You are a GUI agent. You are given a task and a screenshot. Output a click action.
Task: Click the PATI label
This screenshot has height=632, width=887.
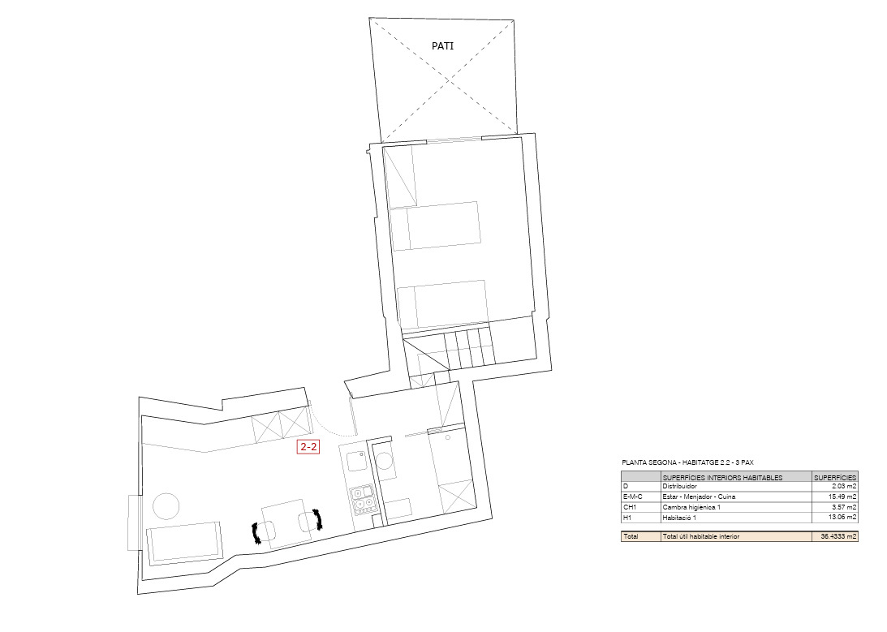point(442,46)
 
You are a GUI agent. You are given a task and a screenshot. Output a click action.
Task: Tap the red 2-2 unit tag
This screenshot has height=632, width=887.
point(308,446)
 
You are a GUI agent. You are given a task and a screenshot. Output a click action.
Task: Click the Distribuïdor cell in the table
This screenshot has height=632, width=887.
point(680,486)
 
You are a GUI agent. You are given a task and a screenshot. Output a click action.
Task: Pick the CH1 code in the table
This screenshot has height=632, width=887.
point(628,507)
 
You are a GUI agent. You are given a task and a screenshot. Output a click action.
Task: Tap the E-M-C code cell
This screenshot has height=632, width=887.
point(632,497)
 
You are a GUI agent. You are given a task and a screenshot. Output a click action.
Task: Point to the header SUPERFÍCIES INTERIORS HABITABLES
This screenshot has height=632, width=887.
point(722,477)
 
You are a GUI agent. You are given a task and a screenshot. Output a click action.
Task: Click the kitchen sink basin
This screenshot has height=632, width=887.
point(355,461)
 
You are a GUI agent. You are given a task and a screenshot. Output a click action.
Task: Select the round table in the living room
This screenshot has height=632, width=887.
point(166,505)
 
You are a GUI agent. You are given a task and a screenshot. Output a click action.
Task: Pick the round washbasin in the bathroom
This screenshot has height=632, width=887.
point(386,462)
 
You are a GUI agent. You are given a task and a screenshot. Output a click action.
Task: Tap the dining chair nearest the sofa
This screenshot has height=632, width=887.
point(264,532)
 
